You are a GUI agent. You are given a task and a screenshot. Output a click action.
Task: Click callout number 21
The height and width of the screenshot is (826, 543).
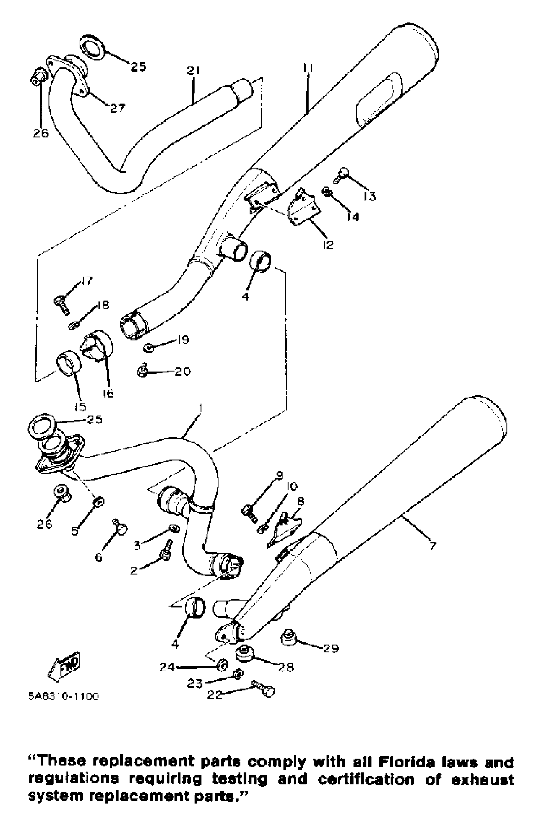tap(193, 71)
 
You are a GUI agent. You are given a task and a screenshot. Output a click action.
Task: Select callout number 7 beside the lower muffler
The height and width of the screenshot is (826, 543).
tap(432, 546)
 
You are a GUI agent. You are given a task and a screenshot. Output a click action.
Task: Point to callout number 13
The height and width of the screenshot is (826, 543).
tap(370, 196)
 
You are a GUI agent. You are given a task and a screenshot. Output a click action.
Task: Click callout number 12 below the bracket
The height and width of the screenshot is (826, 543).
tap(328, 245)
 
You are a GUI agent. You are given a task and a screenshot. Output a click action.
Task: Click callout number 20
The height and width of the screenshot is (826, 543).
tap(183, 371)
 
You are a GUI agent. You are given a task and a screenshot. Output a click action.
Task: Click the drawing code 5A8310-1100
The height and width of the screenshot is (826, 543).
tap(64, 697)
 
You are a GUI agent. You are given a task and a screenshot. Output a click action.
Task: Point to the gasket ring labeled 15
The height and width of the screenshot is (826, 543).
tap(68, 362)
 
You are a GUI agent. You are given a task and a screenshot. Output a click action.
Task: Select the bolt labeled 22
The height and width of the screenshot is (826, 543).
tap(263, 689)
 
